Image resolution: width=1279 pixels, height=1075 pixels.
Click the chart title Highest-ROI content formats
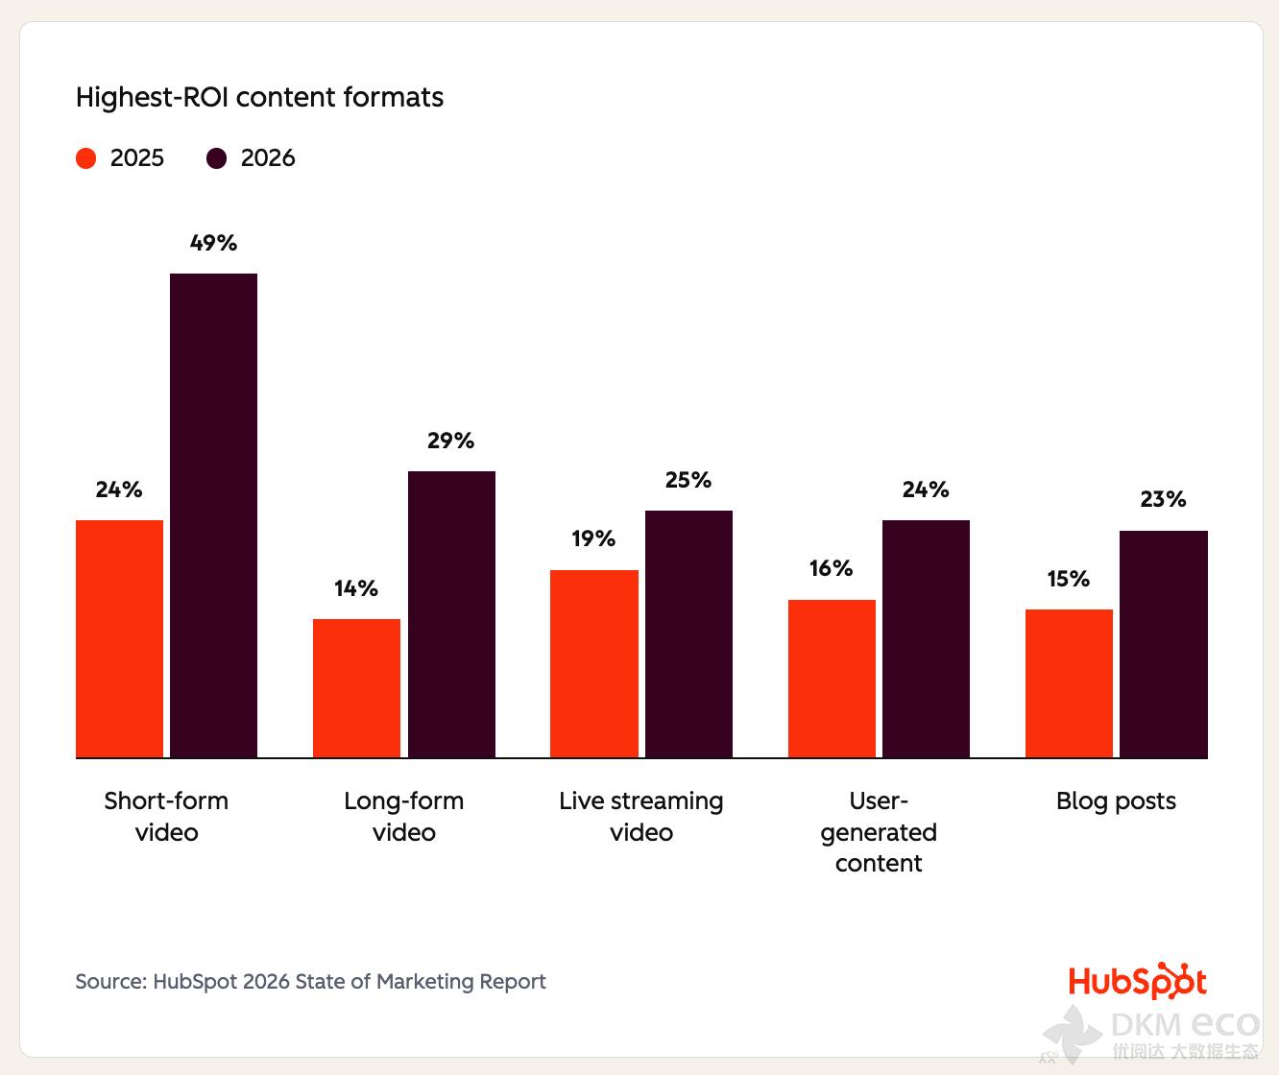[x=259, y=98]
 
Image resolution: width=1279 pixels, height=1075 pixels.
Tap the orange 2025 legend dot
[x=86, y=158]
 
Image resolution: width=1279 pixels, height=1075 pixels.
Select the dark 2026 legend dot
[x=217, y=158]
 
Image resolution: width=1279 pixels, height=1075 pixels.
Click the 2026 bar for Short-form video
[x=213, y=515]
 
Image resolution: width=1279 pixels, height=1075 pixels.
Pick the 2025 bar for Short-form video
[x=119, y=638]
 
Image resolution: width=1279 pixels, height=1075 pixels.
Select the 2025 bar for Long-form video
[x=356, y=688]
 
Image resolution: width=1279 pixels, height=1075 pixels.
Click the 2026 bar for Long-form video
[x=451, y=614]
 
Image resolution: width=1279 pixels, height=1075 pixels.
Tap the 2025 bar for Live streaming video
[x=593, y=663]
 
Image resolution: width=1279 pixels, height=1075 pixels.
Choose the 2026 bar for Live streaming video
[x=688, y=633]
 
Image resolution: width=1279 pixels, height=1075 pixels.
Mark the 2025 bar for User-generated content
[x=832, y=679]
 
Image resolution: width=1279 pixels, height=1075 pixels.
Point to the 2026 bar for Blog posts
[x=1163, y=644]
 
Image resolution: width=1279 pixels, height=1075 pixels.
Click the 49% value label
[x=213, y=243]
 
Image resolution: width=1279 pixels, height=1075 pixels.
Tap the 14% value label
[x=356, y=588]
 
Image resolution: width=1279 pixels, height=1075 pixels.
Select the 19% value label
[x=593, y=538]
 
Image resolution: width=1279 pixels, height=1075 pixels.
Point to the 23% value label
[x=1163, y=499]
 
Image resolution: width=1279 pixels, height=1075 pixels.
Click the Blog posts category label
[x=1116, y=801]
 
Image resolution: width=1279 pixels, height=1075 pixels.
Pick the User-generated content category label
[x=879, y=832]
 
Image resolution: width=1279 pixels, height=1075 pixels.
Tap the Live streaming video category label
[x=641, y=816]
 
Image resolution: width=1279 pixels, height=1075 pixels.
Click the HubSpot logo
[x=1137, y=981]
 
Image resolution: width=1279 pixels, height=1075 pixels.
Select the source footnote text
[x=310, y=981]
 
